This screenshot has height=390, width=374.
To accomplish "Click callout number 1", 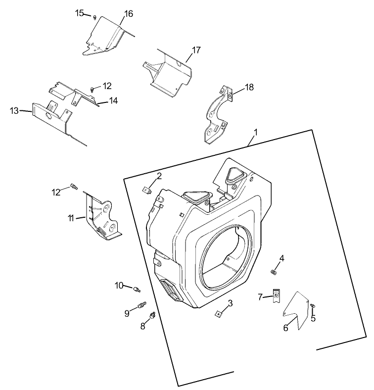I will click(x=255, y=132).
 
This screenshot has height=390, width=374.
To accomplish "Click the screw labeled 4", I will click(x=273, y=271).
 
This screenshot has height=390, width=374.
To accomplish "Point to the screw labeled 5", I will click(x=313, y=307).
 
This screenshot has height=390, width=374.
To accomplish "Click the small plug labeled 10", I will click(x=138, y=287).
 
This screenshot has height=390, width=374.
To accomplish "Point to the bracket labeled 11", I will click(x=102, y=218).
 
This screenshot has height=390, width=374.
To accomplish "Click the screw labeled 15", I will click(x=94, y=17).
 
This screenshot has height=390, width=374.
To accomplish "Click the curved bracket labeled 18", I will click(x=218, y=114).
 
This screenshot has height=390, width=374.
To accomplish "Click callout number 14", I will click(x=114, y=101).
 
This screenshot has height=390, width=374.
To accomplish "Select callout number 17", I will click(x=196, y=50).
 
